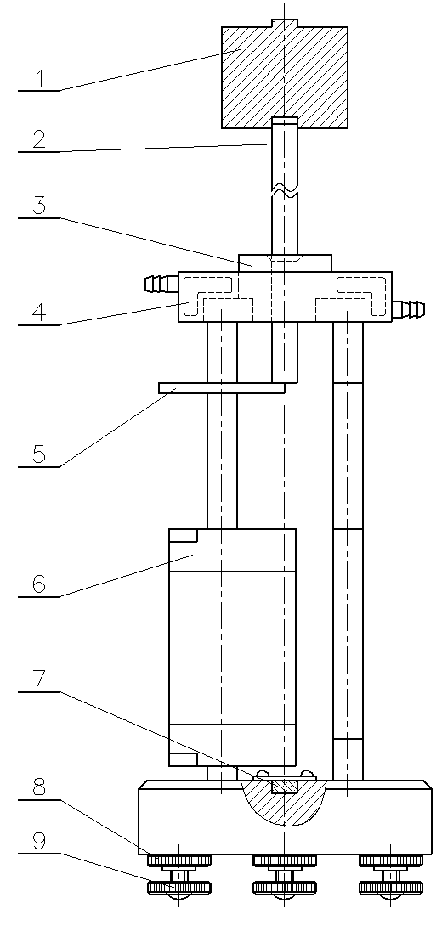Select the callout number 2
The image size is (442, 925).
[x=40, y=140]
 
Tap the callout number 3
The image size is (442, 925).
[x=40, y=206]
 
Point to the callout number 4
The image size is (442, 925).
[x=40, y=312]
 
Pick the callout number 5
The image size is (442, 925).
[x=40, y=454]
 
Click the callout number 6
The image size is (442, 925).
[x=40, y=584]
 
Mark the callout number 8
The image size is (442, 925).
[x=40, y=787]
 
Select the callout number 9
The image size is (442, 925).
[x=40, y=840]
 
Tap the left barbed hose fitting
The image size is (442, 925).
[x=161, y=284]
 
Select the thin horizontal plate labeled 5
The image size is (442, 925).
[x=222, y=387]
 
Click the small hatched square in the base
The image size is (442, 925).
[x=285, y=787]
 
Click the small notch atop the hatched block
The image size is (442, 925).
[x=285, y=24]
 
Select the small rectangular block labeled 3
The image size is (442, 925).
[x=285, y=263]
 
